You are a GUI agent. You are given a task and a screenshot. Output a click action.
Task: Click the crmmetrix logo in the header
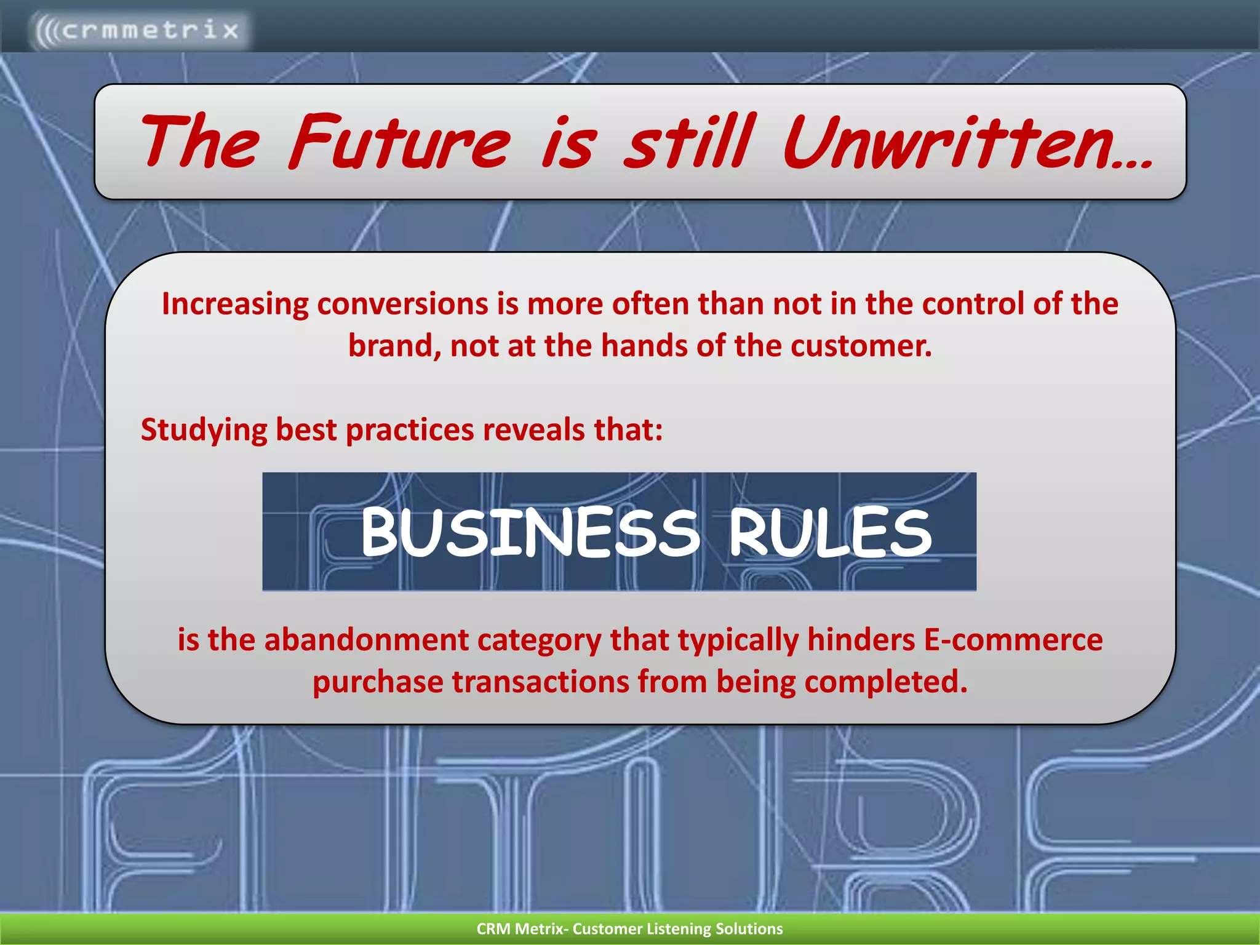pos(138,30)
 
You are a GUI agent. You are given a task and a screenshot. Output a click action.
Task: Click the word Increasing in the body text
pos(235,305)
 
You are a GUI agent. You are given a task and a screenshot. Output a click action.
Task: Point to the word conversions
pos(403,305)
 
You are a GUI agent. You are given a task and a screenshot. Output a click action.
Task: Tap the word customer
pos(861,346)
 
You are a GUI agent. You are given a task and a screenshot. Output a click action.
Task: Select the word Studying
pos(204,430)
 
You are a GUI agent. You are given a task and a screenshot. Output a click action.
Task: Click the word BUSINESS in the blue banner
pos(530,533)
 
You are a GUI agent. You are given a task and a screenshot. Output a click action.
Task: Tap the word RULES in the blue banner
pos(831,533)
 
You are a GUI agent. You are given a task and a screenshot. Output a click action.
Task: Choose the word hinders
pos(860,640)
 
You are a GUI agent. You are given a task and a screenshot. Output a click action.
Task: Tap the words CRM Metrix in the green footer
pos(519,929)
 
